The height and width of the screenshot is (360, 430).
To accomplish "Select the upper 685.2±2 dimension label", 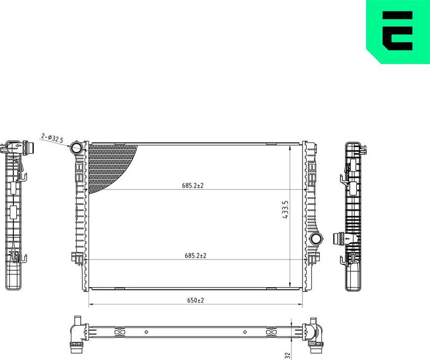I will pyautogui.click(x=193, y=186).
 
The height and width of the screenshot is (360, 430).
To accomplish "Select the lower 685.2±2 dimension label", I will pyautogui.click(x=195, y=256).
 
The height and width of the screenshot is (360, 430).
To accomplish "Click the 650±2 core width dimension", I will pyautogui.click(x=195, y=300).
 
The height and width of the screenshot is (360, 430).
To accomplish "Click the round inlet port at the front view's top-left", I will pyautogui.click(x=77, y=147).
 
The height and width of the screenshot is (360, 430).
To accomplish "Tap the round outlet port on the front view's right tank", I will pyautogui.click(x=316, y=239).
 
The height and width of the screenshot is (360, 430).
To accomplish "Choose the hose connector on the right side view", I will pyautogui.click(x=339, y=239).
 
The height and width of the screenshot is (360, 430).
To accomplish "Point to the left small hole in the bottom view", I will pyautogui.click(x=146, y=332).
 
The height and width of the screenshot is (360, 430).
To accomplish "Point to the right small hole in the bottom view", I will pyautogui.click(x=245, y=332).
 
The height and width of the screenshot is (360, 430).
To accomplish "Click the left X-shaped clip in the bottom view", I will pyautogui.click(x=119, y=332).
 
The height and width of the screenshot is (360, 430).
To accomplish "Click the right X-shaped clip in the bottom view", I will pyautogui.click(x=271, y=332).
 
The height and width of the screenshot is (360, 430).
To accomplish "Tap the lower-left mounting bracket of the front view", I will pyautogui.click(x=78, y=257).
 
